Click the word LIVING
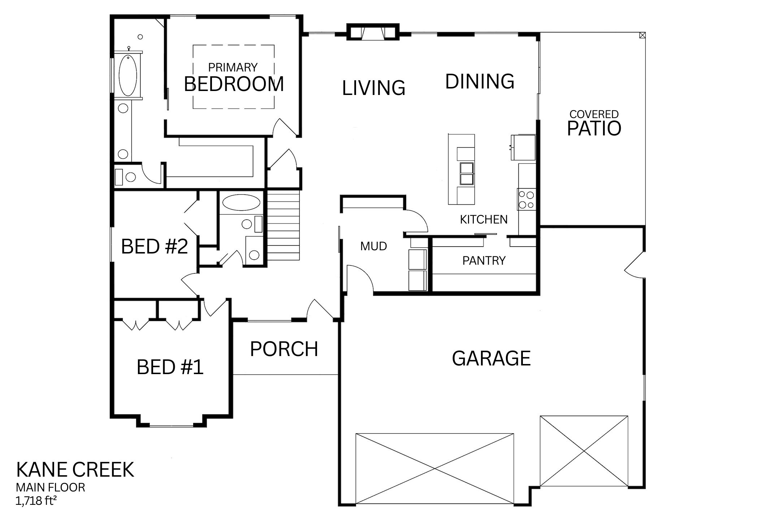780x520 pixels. tap(374, 88)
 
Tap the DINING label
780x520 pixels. tap(480, 81)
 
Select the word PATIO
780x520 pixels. tap(594, 128)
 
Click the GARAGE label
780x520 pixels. tap(491, 358)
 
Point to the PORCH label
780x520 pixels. tap(284, 349)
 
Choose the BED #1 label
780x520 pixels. tap(170, 367)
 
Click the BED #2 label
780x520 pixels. tap(155, 246)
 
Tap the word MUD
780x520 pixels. tap(374, 246)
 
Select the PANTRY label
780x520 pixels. tap(484, 260)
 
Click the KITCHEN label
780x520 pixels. tap(484, 219)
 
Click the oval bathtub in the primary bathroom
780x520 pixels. tap(128, 75)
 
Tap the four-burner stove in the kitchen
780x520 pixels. tap(526, 199)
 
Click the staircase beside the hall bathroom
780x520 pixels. tap(283, 226)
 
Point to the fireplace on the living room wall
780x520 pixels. tap(373, 32)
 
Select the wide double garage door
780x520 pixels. tap(435, 468)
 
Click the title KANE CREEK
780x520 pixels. tap(75, 469)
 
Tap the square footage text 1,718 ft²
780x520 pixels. tap(36, 501)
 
